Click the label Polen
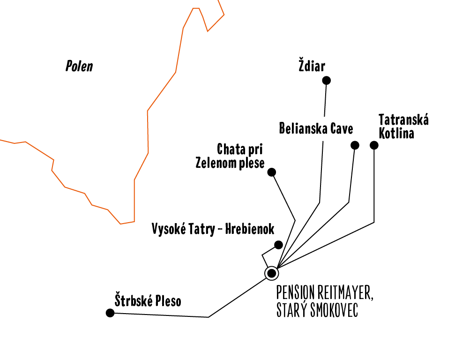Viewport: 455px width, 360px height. (x=79, y=66)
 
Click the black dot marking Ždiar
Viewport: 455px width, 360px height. (x=327, y=81)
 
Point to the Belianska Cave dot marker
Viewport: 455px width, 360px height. (x=355, y=145)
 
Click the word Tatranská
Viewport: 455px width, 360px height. (x=403, y=120)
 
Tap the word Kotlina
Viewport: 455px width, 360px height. (x=396, y=133)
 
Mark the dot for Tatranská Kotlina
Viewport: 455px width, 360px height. (x=374, y=145)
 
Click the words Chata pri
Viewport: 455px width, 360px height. (x=239, y=150)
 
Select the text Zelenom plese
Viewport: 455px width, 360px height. (x=230, y=163)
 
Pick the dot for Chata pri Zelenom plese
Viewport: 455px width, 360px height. (x=271, y=172)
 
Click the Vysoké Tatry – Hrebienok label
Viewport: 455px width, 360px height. (x=213, y=229)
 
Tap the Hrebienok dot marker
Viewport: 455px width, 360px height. (x=278, y=245)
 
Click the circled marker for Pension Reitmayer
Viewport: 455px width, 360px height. (x=271, y=273)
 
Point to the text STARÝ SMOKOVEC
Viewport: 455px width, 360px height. (x=317, y=311)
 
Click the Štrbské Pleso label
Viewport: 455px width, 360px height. (x=148, y=300)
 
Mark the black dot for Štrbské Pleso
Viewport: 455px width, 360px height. (x=110, y=313)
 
